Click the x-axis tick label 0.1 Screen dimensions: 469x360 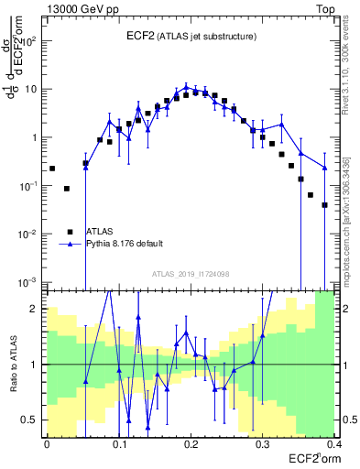coord(118,442)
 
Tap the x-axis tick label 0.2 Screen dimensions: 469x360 coord(190,442)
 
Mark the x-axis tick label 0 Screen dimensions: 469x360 coord(47,442)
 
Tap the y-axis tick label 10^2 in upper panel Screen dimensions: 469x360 coord(30,41)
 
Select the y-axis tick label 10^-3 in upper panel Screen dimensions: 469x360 coord(30,282)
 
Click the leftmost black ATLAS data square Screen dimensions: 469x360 coord(52,169)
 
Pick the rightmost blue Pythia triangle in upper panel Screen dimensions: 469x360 coord(325,167)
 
